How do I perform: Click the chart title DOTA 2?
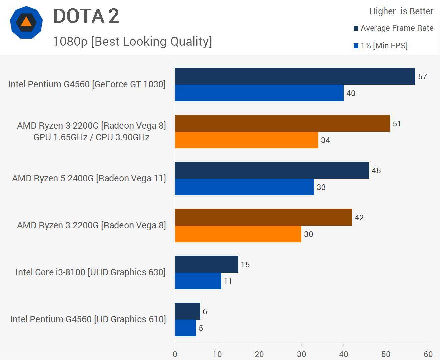[x=86, y=16]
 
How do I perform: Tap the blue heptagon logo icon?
[x=26, y=22]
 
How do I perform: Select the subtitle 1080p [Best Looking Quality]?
[x=132, y=41]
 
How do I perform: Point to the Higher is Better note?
[x=401, y=11]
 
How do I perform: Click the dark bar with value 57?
[x=295, y=76]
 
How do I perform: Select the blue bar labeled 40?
[x=259, y=93]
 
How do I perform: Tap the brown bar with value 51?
[x=282, y=123]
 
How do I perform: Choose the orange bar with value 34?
[x=246, y=140]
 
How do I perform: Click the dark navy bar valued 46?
[x=272, y=170]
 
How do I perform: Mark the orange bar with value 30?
[x=238, y=234]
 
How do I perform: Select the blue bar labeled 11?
[x=198, y=281]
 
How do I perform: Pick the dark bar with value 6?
[x=187, y=311]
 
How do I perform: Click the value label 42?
[x=359, y=218]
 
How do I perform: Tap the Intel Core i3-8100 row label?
[x=90, y=272]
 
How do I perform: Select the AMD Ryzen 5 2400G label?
[x=89, y=178]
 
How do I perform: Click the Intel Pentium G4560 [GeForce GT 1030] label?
[x=87, y=84]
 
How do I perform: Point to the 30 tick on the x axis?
[x=301, y=354]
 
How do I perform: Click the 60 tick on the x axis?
[x=428, y=354]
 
